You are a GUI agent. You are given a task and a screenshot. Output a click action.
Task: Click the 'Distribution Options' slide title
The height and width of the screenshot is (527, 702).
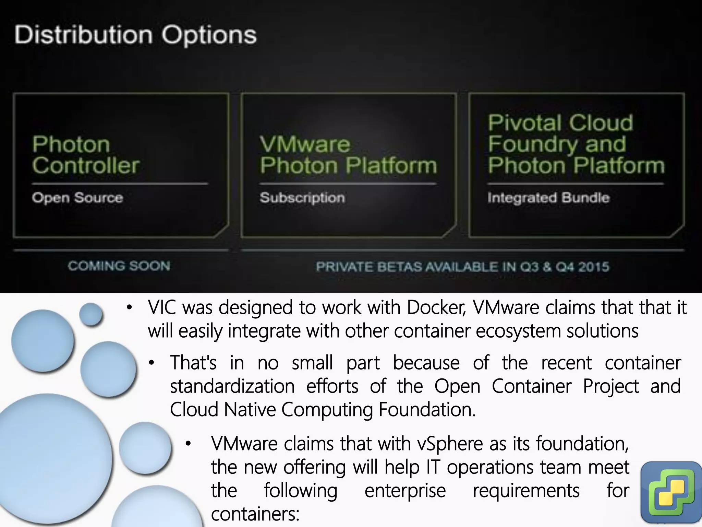point(135,35)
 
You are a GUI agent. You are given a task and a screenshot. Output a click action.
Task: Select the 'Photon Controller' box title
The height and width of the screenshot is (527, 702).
point(86,155)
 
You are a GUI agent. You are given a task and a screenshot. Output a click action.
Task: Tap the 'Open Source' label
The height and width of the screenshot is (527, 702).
point(77,198)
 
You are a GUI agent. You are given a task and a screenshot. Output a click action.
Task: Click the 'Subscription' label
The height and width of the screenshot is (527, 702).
point(302,198)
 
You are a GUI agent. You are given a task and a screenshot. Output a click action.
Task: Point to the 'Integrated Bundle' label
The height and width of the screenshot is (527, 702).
point(548,198)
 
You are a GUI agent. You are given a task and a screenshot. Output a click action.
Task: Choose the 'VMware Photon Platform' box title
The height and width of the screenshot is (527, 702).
point(348,155)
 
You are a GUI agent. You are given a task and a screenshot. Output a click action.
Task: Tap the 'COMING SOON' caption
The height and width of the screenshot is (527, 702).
point(119,266)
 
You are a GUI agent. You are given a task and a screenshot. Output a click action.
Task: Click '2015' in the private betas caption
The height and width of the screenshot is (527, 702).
point(594,267)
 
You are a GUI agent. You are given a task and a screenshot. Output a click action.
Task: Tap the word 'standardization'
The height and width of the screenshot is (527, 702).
point(232,386)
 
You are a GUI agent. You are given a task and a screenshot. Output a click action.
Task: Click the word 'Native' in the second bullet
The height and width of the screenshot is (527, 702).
point(250,409)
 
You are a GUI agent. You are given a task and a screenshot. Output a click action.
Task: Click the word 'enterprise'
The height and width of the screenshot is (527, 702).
point(405,490)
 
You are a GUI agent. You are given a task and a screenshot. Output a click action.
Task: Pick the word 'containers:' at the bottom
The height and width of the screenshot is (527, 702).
point(255,514)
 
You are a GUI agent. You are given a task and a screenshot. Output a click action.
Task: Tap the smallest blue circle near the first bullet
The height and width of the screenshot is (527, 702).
point(91,314)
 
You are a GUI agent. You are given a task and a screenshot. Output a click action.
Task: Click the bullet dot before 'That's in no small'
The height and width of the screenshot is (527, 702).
point(152,363)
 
